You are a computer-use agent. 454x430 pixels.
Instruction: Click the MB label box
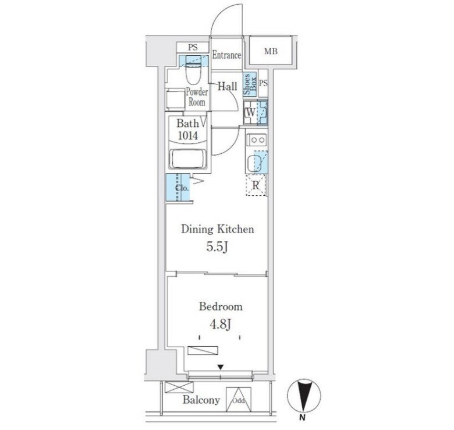tap(271, 51)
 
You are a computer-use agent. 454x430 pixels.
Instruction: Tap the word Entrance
tap(226, 55)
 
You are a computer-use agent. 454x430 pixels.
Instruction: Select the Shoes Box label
tap(250, 84)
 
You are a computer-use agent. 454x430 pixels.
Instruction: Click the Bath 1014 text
tap(187, 129)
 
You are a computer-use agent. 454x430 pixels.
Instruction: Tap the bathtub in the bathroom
tap(188, 159)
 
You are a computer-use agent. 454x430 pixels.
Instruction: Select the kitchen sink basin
tap(254, 163)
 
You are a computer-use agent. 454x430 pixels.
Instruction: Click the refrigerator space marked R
tap(256, 185)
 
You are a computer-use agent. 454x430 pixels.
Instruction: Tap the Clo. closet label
tap(182, 188)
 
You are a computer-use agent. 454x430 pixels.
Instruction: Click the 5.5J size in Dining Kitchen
tap(218, 247)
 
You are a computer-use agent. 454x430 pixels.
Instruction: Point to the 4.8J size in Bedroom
tap(221, 324)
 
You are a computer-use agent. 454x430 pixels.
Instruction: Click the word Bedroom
tap(221, 306)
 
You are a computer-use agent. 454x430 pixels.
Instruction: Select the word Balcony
tap(201, 400)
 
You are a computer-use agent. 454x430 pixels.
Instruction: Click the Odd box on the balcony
tap(239, 399)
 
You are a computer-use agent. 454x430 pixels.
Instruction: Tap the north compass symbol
tap(304, 396)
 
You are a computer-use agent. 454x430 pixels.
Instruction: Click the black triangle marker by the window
tap(221, 367)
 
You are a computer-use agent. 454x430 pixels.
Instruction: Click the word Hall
tap(227, 86)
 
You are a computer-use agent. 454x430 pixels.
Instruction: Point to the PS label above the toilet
tap(193, 47)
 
